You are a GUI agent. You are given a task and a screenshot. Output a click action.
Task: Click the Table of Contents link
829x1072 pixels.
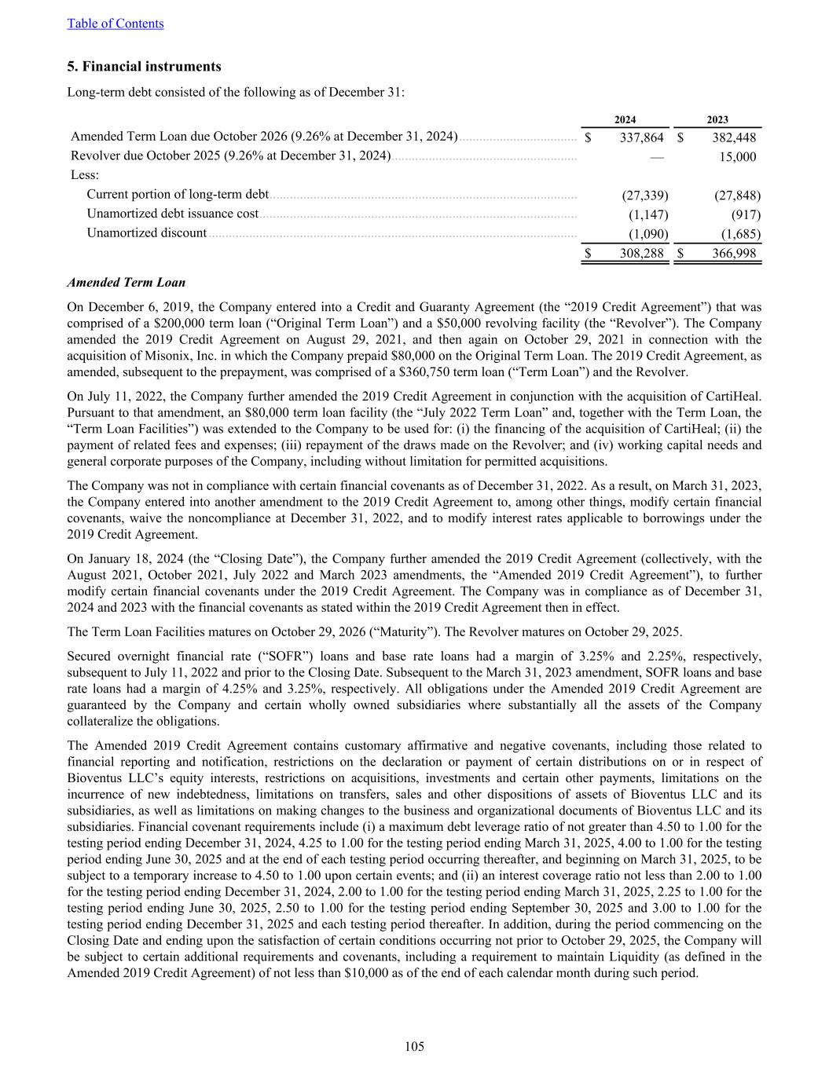tap(116, 24)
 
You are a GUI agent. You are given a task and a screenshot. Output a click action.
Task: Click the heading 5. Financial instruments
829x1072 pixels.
tap(144, 67)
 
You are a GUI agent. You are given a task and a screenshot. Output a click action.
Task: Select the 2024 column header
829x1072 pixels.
tap(625, 120)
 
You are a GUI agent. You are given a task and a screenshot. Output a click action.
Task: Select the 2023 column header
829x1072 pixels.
tap(717, 120)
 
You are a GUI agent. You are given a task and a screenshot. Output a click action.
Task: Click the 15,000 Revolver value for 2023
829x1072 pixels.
tap(738, 157)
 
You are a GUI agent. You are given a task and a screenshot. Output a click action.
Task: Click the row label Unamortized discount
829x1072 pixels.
tap(146, 233)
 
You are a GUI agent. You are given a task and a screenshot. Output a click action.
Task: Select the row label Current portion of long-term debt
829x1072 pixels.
tap(178, 195)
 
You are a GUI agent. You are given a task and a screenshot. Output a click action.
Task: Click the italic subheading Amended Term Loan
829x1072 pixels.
tap(127, 283)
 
